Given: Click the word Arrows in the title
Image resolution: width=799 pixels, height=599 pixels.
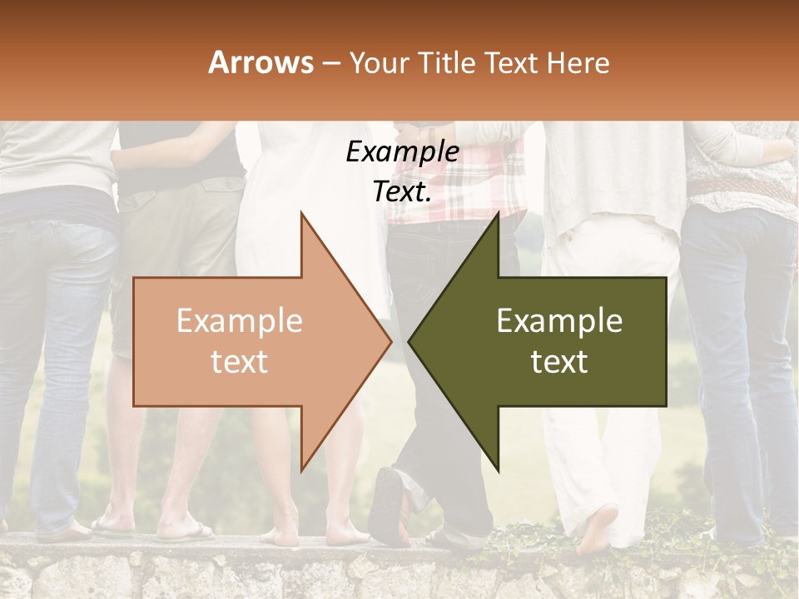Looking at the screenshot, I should pyautogui.click(x=261, y=62).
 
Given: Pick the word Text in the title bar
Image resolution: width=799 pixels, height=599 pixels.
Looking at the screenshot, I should pyautogui.click(x=513, y=62).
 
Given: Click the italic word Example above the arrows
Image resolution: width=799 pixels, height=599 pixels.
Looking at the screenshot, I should pyautogui.click(x=402, y=152).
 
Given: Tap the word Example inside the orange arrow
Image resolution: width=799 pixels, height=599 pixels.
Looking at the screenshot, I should pyautogui.click(x=239, y=321).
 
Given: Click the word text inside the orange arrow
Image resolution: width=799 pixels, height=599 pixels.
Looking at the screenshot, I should pyautogui.click(x=239, y=362).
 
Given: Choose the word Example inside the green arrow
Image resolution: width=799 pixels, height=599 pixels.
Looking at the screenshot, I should pyautogui.click(x=559, y=321).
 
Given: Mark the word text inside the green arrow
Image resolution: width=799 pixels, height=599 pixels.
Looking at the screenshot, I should pyautogui.click(x=559, y=362).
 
